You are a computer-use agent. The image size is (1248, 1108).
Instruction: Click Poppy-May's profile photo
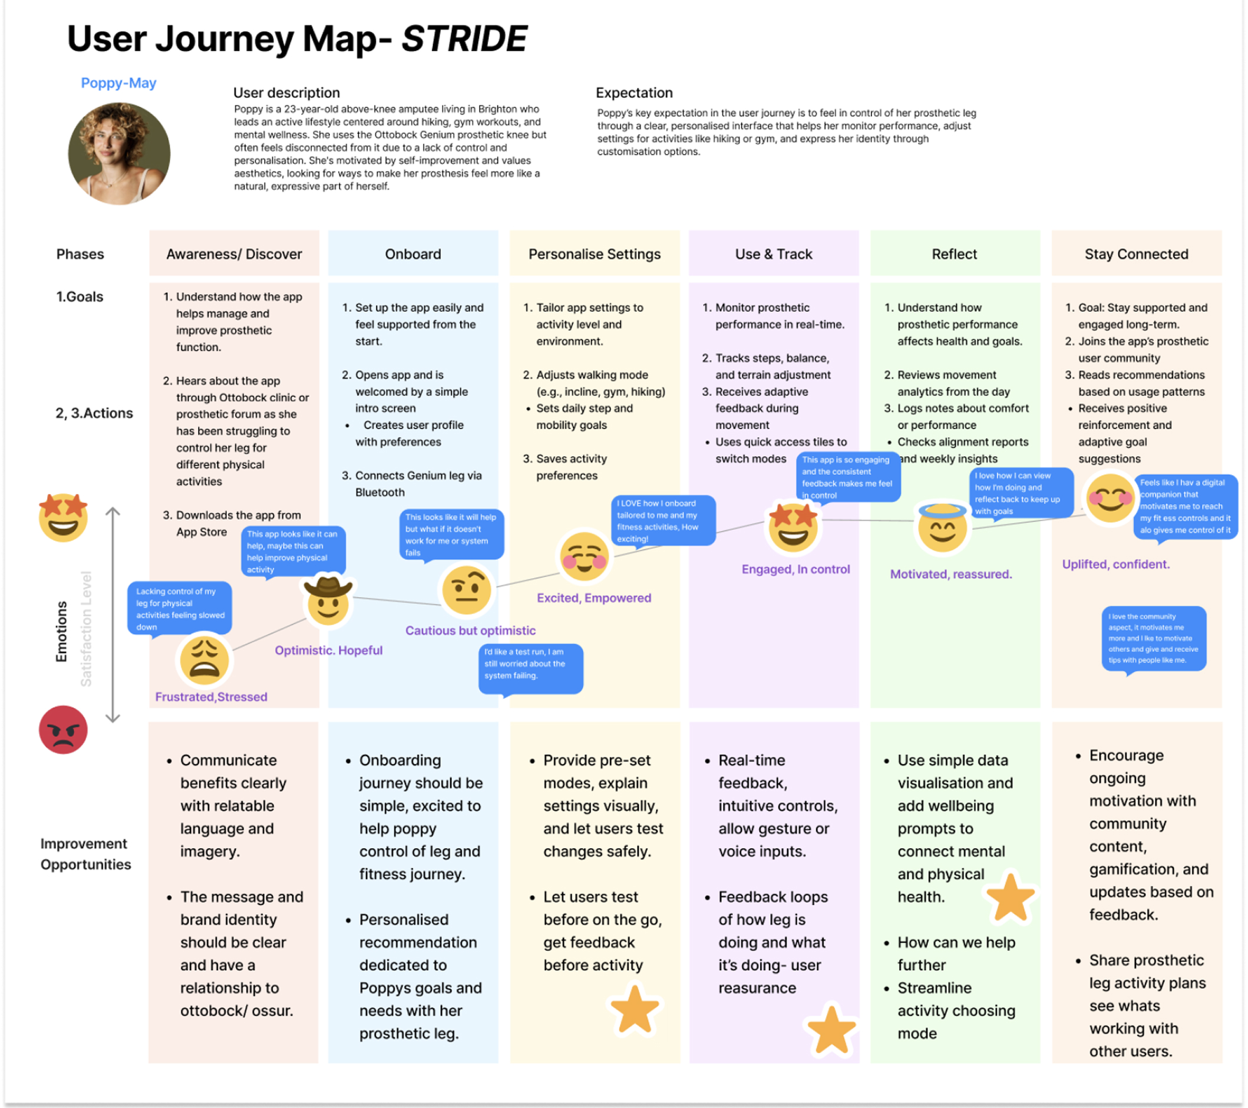(x=119, y=153)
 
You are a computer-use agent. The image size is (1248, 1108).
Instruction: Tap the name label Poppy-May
(x=118, y=83)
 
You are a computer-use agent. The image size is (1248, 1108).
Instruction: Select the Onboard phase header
(x=412, y=254)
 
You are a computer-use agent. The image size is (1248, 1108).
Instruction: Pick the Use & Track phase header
(x=773, y=254)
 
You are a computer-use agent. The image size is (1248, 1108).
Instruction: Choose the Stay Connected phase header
(x=1135, y=254)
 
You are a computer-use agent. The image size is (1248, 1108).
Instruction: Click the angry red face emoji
(x=63, y=729)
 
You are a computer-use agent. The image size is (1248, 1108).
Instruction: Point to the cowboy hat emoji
(x=328, y=601)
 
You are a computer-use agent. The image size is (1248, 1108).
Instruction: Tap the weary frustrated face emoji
(x=204, y=660)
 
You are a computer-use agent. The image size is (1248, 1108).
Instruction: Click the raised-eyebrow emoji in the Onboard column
(x=467, y=589)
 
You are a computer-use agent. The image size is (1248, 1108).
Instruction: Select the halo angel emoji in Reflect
(x=942, y=527)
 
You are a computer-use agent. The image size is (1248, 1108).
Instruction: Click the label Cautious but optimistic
(x=470, y=631)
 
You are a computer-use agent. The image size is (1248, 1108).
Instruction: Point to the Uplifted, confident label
(x=1115, y=565)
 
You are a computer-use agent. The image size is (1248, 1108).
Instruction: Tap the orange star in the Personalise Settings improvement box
(x=635, y=1009)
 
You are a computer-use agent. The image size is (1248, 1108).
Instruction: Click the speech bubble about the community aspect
(x=1153, y=639)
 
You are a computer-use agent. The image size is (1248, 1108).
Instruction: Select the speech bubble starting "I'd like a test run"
(x=530, y=668)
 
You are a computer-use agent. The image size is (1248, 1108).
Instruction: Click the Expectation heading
(x=634, y=93)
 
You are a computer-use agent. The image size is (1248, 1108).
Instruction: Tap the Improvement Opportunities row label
(x=85, y=854)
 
